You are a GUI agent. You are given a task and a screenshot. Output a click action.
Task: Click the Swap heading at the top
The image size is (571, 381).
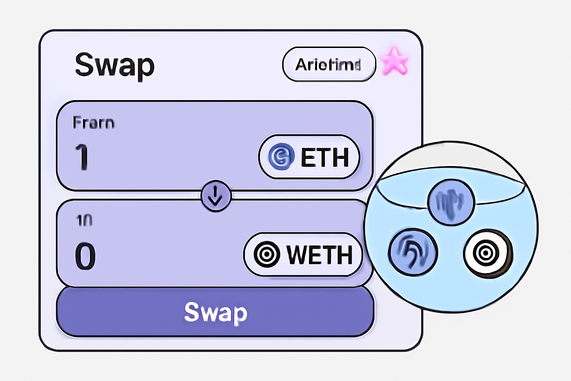coord(114,65)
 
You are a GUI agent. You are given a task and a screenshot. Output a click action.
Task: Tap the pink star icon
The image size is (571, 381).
coord(394,62)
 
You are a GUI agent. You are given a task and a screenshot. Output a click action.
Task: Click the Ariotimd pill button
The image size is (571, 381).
coord(329,64)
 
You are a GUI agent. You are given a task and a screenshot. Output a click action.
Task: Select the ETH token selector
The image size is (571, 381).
coord(309,157)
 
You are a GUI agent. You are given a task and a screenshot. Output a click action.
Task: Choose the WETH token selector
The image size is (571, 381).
coord(303,254)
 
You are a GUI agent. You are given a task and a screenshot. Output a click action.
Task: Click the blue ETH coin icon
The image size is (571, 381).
coord(281,157)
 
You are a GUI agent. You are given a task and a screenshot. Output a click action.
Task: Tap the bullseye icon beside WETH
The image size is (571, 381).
coord(267,254)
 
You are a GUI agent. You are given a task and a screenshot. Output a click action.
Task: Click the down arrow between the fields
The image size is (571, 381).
coord(216,196)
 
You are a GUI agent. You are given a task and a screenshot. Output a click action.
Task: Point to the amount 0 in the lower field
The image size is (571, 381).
coord(85,256)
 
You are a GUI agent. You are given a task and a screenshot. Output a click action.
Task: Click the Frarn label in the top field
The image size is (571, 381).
coord(93,123)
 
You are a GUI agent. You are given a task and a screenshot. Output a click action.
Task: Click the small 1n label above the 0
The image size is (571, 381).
coord(84,221)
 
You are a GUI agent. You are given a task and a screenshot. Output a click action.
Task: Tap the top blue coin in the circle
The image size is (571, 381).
coord(451,202)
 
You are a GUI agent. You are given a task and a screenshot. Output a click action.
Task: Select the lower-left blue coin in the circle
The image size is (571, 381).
coord(413,252)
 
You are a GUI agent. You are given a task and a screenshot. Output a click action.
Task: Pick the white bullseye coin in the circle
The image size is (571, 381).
coord(487,253)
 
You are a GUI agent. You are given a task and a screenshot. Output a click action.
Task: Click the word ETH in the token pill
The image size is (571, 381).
coord(325,157)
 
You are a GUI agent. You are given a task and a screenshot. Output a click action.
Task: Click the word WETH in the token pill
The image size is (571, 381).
coord(319,255)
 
